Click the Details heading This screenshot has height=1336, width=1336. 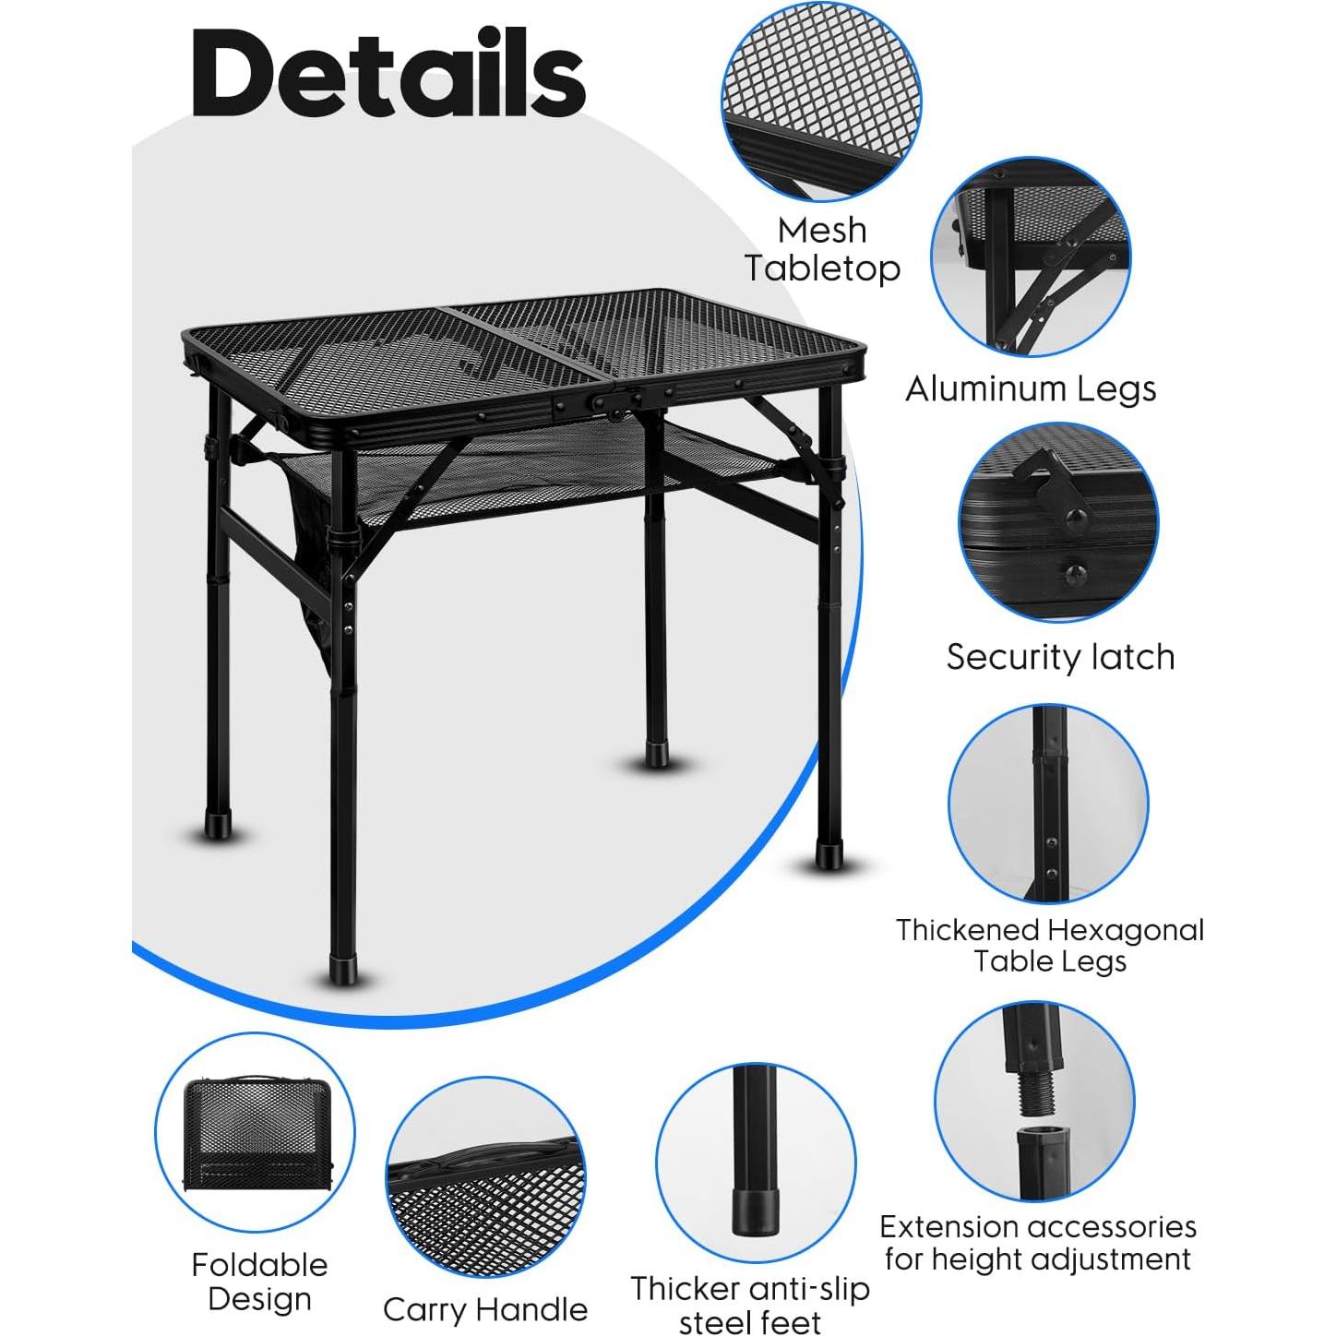click(388, 74)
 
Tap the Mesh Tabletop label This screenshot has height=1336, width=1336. click(822, 249)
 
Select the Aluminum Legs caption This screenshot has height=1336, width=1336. click(1031, 388)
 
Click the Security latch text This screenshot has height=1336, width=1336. click(1060, 657)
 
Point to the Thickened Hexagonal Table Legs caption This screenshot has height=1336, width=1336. click(1050, 945)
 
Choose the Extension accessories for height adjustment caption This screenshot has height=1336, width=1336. click(1038, 1242)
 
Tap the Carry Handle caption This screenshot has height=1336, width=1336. click(485, 1309)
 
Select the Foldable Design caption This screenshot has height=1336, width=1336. click(259, 1281)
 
